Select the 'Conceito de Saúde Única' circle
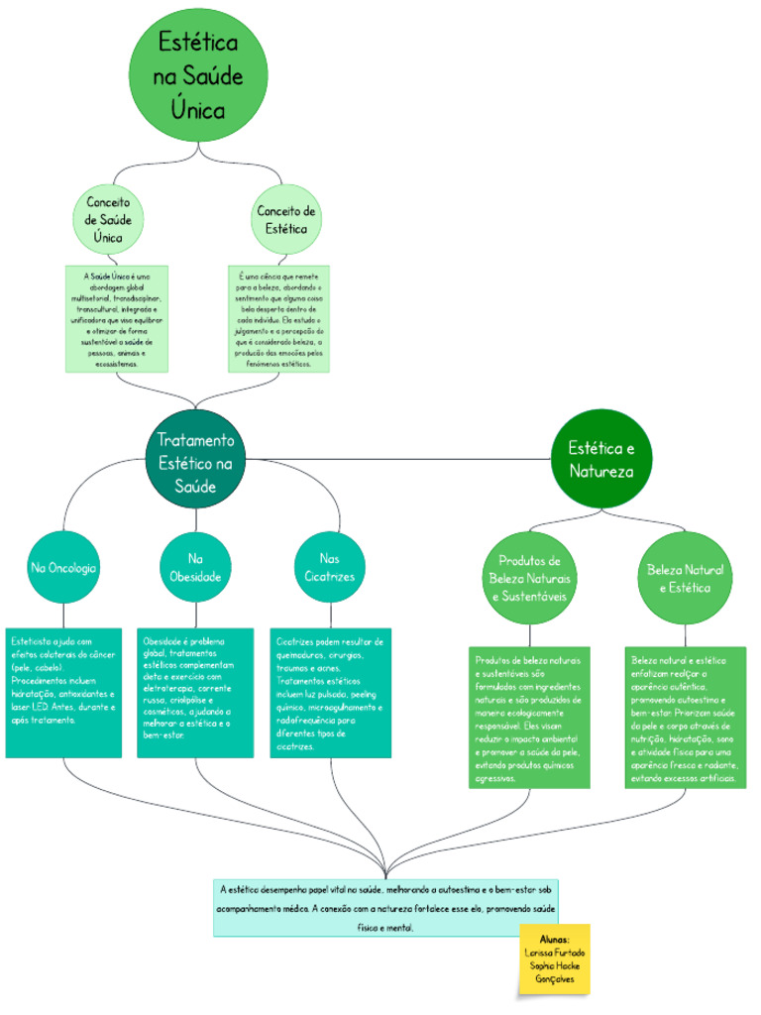click(109, 220)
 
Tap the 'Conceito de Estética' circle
click(286, 220)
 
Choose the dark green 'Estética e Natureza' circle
click(600, 459)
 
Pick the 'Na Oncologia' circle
click(63, 568)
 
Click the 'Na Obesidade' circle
click(195, 568)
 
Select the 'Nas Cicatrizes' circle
click(330, 568)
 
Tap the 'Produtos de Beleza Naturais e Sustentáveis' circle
click(529, 578)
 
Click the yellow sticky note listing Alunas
click(555, 959)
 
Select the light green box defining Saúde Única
click(116, 318)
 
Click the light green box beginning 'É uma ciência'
click(278, 318)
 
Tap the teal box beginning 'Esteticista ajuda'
click(63, 693)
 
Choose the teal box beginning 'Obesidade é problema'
click(195, 693)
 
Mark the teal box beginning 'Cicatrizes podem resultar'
click(330, 693)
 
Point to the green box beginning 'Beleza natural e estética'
click(685, 718)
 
